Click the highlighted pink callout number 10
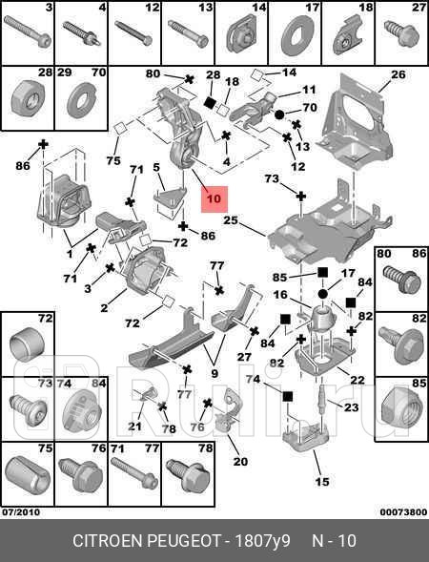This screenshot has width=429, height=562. point(213,199)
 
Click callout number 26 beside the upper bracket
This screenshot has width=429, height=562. point(398,74)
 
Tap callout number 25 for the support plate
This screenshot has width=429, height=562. point(230,220)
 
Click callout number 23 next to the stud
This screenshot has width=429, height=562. point(351,407)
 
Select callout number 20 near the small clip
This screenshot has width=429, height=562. point(239,462)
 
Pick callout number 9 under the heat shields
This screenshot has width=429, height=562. point(214,373)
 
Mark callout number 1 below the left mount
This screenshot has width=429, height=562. point(69,255)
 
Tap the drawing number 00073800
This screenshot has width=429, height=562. point(401,512)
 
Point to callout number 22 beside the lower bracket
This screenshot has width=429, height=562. point(357,380)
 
